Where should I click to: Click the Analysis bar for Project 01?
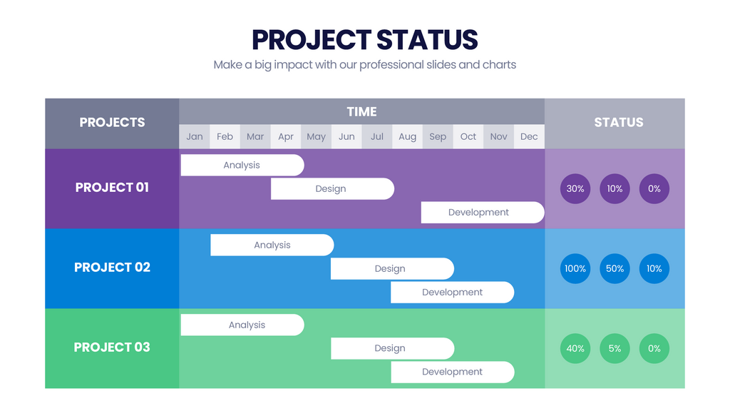[242, 165]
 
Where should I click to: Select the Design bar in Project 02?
[391, 268]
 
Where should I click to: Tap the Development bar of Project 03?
[452, 372]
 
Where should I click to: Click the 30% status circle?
[575, 189]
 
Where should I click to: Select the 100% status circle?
[575, 269]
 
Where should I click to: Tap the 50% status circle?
[615, 269]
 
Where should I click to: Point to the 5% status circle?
[615, 349]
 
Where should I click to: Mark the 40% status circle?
[575, 349]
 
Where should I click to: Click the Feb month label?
[225, 136]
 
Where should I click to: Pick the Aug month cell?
[407, 136]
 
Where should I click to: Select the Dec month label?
[529, 136]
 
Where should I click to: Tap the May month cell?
[316, 136]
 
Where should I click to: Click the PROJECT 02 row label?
[112, 268]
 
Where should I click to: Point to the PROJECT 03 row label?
[112, 347]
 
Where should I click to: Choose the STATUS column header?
[618, 123]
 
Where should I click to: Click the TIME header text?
[361, 111]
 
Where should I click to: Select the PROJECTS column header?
[112, 123]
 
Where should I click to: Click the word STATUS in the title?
[426, 39]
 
